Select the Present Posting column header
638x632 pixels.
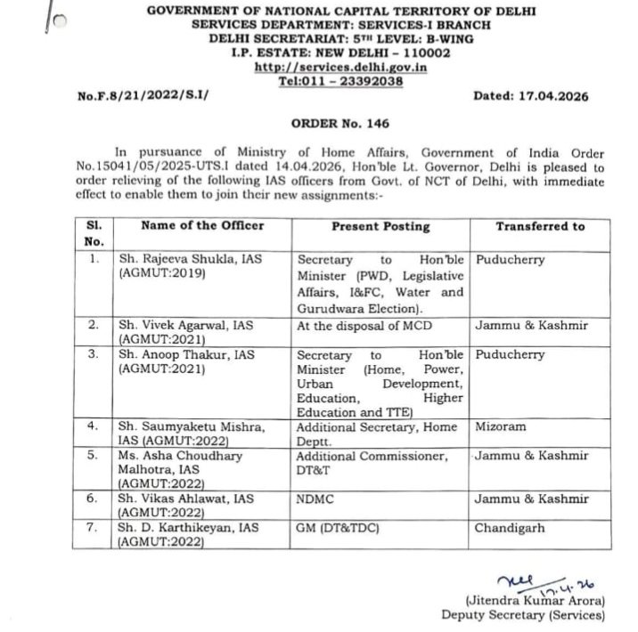pyautogui.click(x=380, y=226)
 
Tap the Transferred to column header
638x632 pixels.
pyautogui.click(x=540, y=226)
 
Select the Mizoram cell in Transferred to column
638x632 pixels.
pyautogui.click(x=500, y=426)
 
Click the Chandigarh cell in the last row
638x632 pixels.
pyautogui.click(x=508, y=527)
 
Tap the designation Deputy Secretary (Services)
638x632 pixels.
pyautogui.click(x=522, y=615)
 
